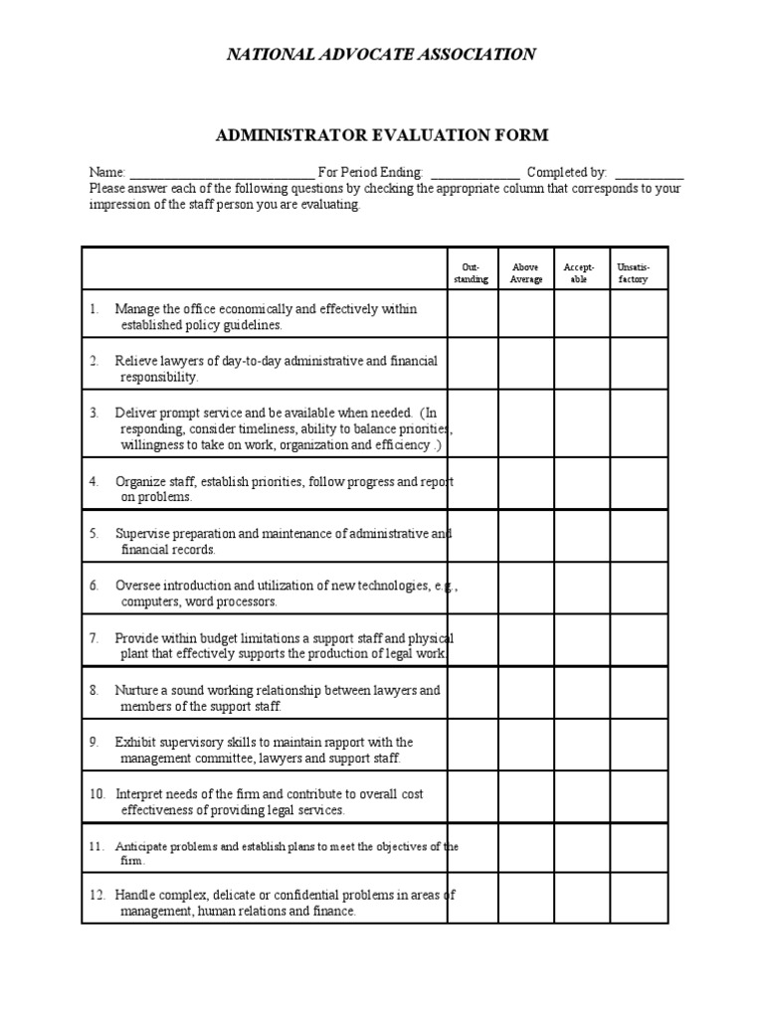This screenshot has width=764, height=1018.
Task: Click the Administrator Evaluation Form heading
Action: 382,134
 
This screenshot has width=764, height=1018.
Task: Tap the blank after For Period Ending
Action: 475,173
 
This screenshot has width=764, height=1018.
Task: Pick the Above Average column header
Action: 525,273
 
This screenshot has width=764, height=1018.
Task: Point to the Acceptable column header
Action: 581,273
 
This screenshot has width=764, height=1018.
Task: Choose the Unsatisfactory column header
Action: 638,273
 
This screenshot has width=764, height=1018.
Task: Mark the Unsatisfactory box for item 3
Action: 638,424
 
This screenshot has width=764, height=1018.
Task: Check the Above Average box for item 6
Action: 525,588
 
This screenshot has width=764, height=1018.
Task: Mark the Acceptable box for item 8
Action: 581,692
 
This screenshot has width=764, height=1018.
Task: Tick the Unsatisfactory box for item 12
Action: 638,899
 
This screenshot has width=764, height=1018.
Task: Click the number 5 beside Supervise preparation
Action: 94,534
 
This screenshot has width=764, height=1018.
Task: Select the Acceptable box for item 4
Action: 581,483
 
